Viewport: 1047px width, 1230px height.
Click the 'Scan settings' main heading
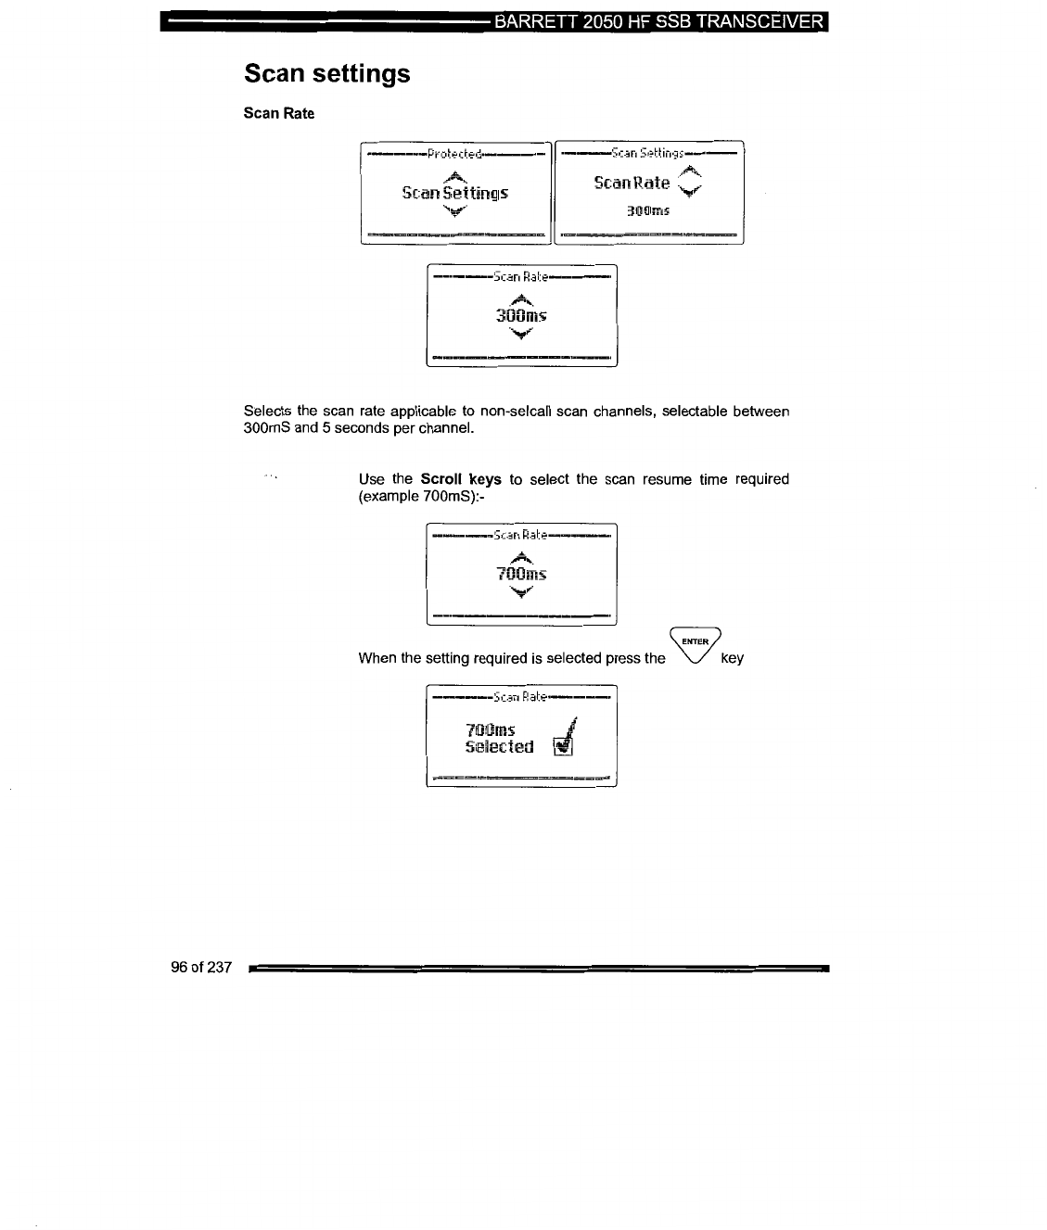tap(326, 73)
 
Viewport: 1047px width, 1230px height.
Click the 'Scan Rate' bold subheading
tap(278, 113)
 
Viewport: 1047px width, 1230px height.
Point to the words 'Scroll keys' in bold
tap(460, 479)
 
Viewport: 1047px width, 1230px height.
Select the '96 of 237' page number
tap(200, 968)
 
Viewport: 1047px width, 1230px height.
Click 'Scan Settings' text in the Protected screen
tap(454, 193)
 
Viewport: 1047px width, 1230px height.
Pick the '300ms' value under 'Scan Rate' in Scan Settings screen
tap(647, 210)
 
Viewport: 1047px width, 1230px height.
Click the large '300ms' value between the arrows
tap(521, 315)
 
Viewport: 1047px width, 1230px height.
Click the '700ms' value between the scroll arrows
tap(521, 574)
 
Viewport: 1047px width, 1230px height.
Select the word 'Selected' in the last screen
tap(499, 747)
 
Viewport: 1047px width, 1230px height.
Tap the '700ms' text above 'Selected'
tap(490, 729)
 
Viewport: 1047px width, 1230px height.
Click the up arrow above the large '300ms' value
tap(522, 298)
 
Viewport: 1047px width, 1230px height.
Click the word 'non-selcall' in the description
tap(516, 411)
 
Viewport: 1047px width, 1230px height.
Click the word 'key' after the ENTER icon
tap(732, 658)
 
